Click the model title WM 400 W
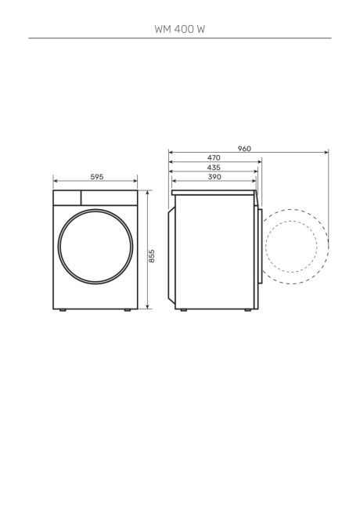pos(180,28)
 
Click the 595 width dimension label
pos(97,178)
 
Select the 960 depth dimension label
pos(245,149)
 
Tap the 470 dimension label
pos(214,158)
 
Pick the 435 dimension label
pos(214,168)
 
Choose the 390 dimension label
pos(214,177)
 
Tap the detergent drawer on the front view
pos(67,197)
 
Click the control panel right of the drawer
pos(110,197)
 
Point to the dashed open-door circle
pos(296,245)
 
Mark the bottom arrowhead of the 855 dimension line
pos(147,307)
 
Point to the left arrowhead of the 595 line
pos(56,182)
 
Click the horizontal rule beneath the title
pos(180,38)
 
